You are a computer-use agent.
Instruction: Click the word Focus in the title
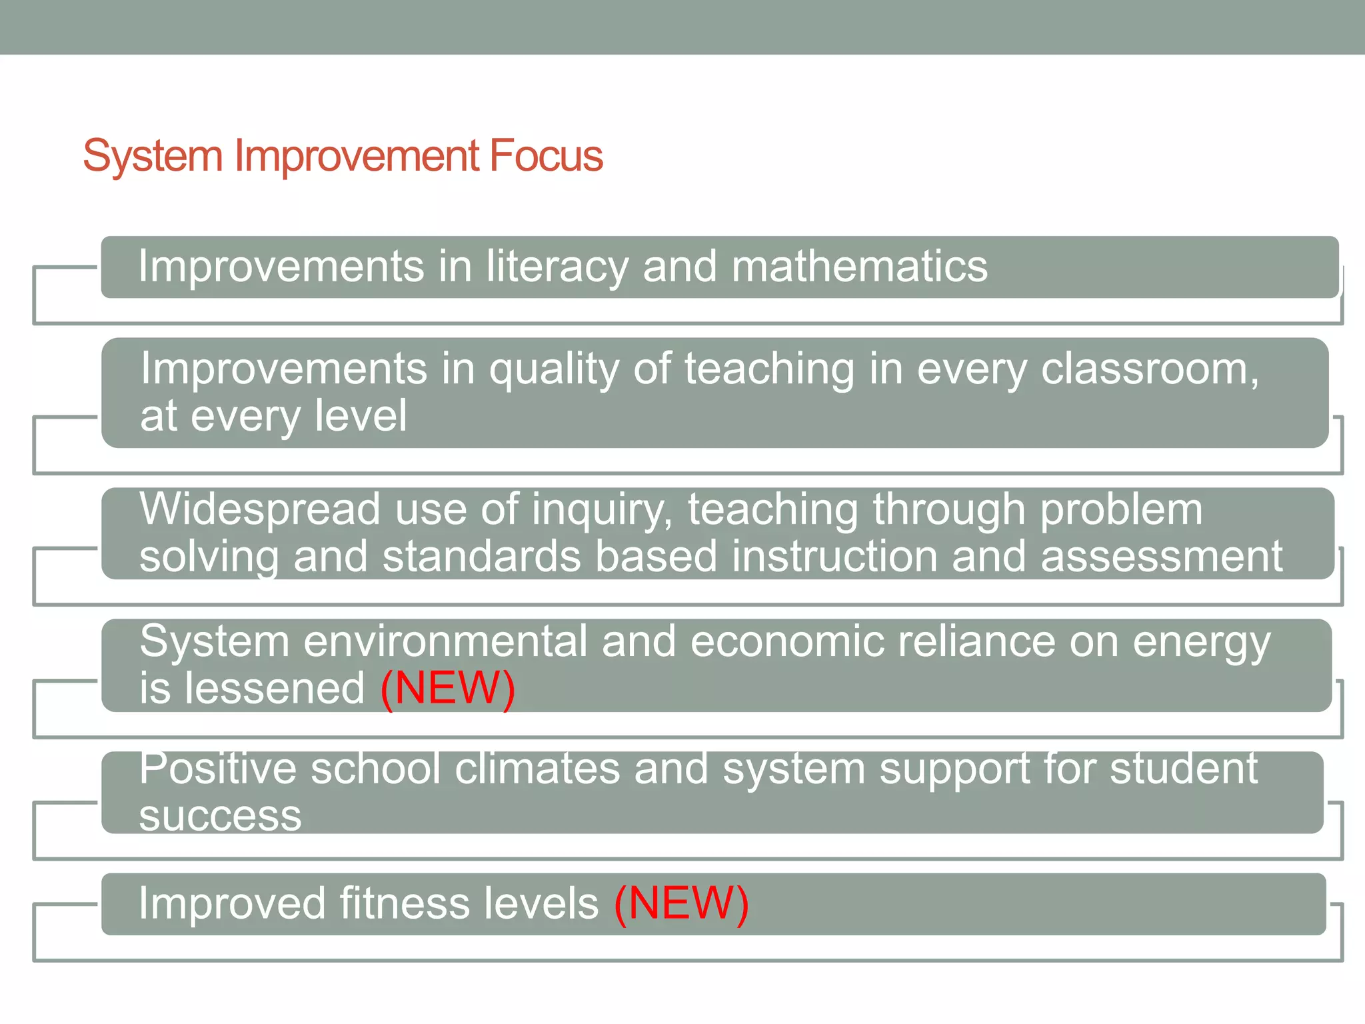(x=546, y=156)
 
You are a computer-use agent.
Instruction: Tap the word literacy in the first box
(x=557, y=267)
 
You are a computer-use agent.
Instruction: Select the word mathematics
(x=859, y=267)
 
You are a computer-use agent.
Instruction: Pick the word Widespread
(x=259, y=510)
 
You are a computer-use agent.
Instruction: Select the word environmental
(x=445, y=642)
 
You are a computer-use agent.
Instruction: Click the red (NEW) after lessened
(x=447, y=688)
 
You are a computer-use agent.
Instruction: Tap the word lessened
(x=275, y=688)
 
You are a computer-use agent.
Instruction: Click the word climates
(x=537, y=769)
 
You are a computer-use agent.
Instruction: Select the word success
(x=220, y=815)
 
